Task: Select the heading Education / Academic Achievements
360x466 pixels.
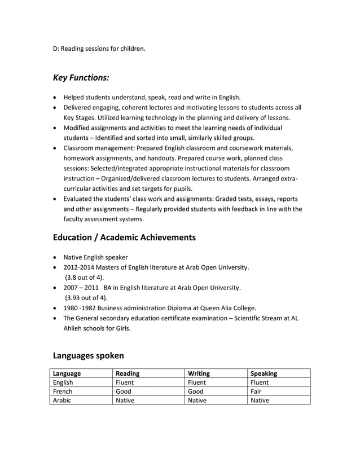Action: tap(124, 238)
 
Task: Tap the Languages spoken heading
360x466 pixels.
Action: tap(88, 355)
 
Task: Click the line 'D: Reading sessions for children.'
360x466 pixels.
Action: tap(99, 49)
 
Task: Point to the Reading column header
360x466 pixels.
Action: tap(128, 373)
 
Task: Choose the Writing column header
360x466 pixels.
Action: tap(199, 373)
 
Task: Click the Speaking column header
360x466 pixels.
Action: tap(264, 373)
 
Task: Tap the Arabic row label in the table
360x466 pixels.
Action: tap(63, 400)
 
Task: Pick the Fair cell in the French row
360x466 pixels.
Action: tap(257, 391)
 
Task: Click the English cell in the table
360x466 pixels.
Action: tap(63, 382)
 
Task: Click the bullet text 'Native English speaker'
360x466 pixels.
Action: tap(95, 257)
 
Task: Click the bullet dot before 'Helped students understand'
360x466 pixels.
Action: tap(55, 98)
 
